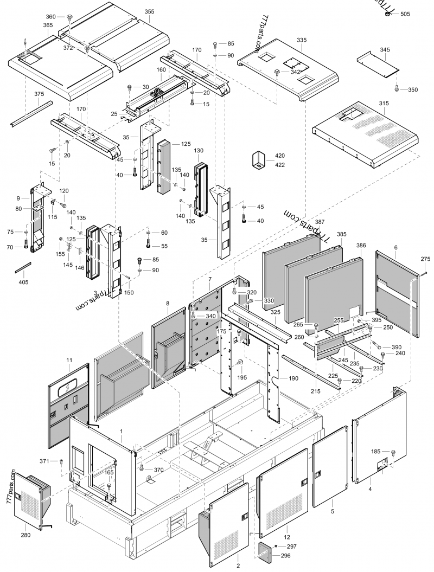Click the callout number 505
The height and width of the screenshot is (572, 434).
coord(405,15)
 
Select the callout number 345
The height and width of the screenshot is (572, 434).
coord(385,50)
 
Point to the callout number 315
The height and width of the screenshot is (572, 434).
coord(384,104)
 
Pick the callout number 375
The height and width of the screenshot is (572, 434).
coord(39,94)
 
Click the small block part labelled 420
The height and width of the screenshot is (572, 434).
coord(258,160)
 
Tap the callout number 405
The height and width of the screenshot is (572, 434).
coord(23,282)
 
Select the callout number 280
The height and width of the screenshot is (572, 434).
coord(25,535)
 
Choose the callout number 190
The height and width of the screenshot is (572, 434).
coord(293,378)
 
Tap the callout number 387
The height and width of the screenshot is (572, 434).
coord(320,222)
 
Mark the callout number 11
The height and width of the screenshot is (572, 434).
coord(69,359)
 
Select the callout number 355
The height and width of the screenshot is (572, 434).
coord(149,11)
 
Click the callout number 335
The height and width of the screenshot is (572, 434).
coord(302,40)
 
